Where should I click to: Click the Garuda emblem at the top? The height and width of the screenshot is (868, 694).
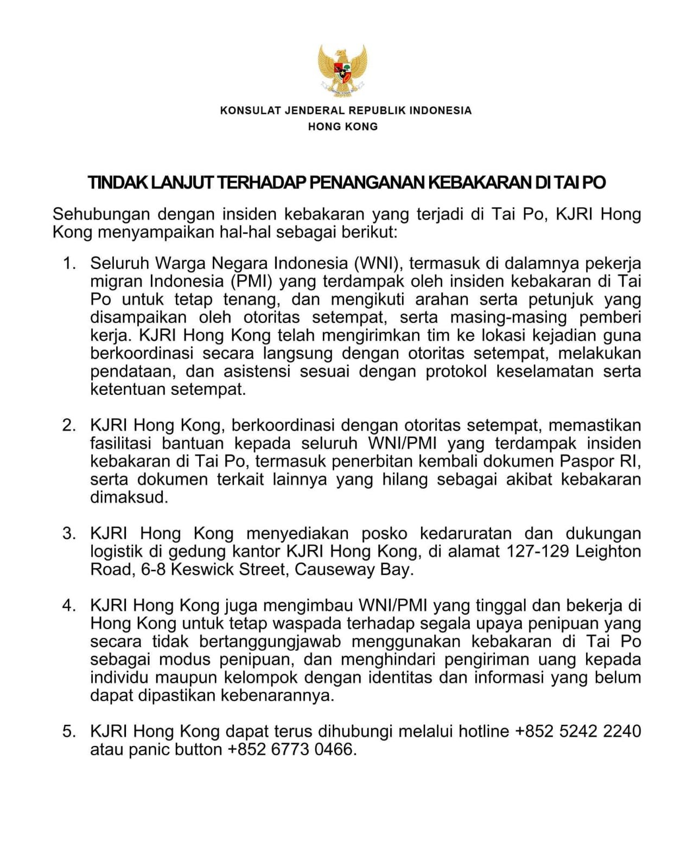[x=342, y=69]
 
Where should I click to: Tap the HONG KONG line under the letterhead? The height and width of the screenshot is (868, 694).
[x=343, y=126]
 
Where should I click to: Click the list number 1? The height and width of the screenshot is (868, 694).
[x=69, y=264]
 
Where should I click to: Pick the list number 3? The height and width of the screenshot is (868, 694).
[x=69, y=533]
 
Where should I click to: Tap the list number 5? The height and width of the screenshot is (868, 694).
[x=69, y=731]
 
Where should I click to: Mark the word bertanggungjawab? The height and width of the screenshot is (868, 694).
[x=270, y=642]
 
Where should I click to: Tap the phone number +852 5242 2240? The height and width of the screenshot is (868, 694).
[x=578, y=731]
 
